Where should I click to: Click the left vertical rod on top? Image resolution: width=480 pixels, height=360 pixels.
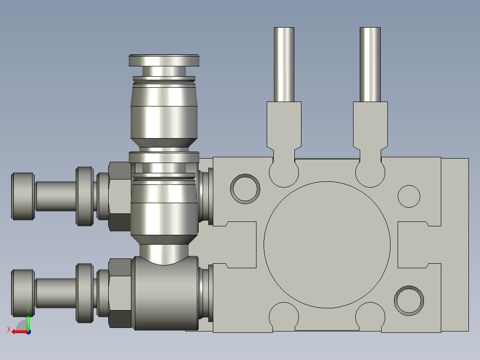click(284, 65)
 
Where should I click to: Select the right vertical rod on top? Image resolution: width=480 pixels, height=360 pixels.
click(370, 65)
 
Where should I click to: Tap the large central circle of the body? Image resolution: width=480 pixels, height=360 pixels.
click(327, 245)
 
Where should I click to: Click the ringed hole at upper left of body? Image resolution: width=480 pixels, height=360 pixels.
click(245, 188)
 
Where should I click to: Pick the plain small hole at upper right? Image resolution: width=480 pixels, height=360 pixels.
click(409, 196)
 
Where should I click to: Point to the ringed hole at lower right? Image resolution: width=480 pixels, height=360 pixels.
click(409, 301)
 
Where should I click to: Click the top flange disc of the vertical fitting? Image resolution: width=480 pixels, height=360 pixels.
click(164, 60)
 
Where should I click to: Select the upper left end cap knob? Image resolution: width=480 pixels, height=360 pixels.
click(23, 196)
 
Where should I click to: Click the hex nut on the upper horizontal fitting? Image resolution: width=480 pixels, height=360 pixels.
click(119, 196)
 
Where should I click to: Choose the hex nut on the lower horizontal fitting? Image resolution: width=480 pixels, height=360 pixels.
click(119, 293)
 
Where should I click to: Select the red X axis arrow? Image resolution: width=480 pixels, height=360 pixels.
click(17, 331)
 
